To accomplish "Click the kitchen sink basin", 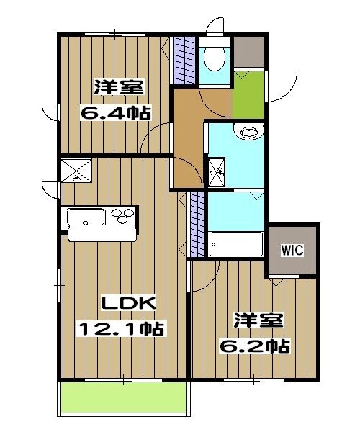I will pyautogui.click(x=85, y=216).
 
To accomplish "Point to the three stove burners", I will pyautogui.click(x=122, y=215).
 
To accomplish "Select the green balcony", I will pyautogui.click(x=124, y=398).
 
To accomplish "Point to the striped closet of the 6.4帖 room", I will pyautogui.click(x=185, y=60).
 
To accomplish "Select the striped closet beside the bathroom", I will pyautogui.click(x=196, y=225).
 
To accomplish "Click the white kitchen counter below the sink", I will pyautogui.click(x=102, y=233).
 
